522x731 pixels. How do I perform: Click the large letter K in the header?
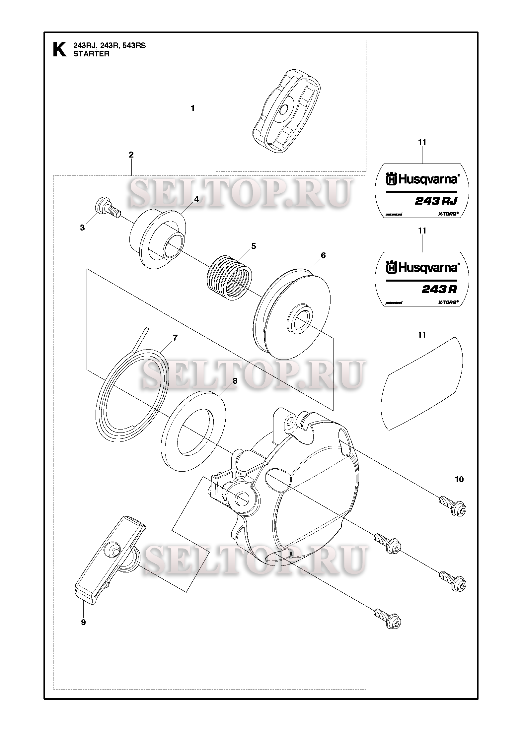[59, 50]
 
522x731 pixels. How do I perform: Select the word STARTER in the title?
[91, 54]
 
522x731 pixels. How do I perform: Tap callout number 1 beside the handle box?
[193, 108]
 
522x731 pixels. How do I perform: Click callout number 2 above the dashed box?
[131, 155]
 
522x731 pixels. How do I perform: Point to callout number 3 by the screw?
[82, 228]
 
